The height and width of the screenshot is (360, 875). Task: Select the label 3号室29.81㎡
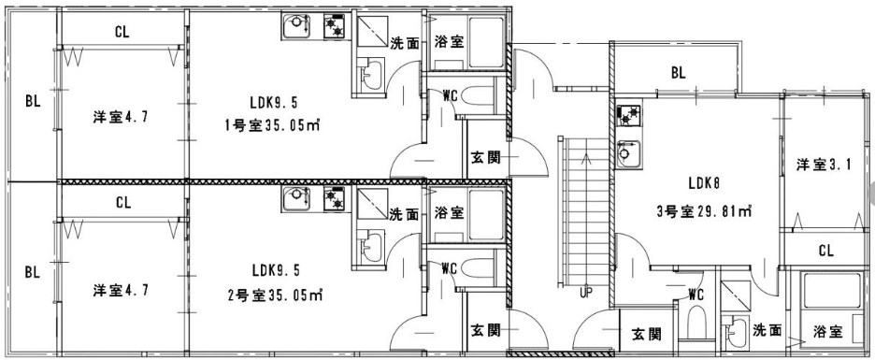pos(706,211)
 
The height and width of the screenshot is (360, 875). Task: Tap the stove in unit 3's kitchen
pos(627,117)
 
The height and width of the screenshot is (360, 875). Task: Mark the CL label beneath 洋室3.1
pos(825,250)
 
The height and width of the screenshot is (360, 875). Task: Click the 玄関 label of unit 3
pos(644,334)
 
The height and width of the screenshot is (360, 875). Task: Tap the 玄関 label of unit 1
pos(483,156)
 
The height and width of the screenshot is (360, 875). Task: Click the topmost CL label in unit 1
pos(122,31)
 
